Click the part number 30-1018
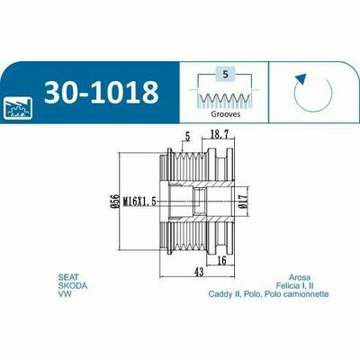pyautogui.click(x=101, y=92)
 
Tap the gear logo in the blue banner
pyautogui.click(x=18, y=107)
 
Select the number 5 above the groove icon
pyautogui.click(x=226, y=75)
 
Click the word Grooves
pyautogui.click(x=226, y=114)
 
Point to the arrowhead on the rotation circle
pyautogui.click(x=301, y=80)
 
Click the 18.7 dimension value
pyautogui.click(x=218, y=135)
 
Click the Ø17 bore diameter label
pyautogui.click(x=243, y=201)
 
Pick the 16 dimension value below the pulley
pyautogui.click(x=221, y=260)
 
